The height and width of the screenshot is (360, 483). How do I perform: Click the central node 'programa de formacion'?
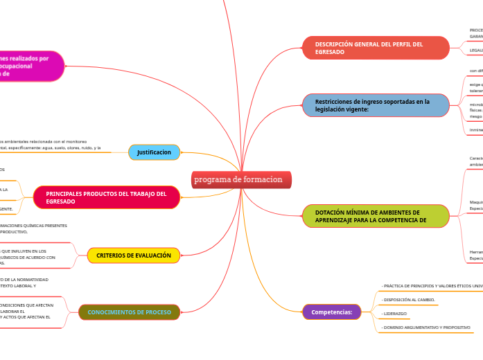pos(241,180)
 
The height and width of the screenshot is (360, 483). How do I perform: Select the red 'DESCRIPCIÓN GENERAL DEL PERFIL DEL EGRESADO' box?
pos(376,48)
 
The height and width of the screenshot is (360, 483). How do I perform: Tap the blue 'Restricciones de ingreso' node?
pos(376,105)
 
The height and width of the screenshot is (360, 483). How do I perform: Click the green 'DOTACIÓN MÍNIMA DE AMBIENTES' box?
pos(376,216)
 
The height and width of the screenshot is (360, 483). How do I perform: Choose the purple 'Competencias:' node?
pos(332,312)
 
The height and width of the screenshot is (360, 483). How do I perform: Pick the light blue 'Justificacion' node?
pos(154,152)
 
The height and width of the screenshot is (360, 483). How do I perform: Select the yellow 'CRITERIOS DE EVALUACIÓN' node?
pos(134,255)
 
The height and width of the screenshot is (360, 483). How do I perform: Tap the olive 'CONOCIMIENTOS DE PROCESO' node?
pos(129,312)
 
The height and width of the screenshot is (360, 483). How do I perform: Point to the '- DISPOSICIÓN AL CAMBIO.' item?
pos(409,300)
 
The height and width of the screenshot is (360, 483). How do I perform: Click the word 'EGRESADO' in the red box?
pos(330,52)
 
